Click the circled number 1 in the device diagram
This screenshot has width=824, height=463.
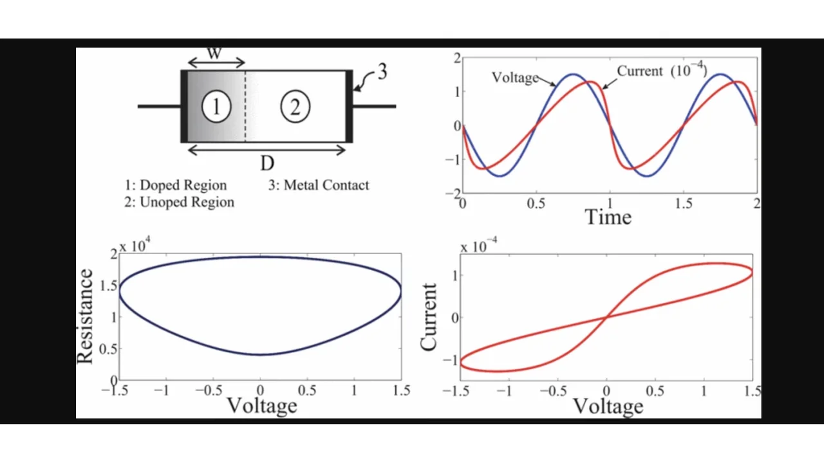point(216,106)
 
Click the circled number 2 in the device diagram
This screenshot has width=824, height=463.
point(295,106)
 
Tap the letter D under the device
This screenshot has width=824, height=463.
point(267,164)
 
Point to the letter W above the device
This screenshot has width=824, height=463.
point(215,53)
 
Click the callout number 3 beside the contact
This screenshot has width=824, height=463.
point(382,72)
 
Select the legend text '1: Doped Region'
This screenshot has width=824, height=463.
point(176,185)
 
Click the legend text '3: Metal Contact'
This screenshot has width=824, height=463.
point(319,185)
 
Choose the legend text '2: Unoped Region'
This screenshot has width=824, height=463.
point(179,202)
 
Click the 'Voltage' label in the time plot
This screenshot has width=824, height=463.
point(514,78)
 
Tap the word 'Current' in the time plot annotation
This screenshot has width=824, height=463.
point(640,71)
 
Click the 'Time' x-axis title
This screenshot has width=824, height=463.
point(608,217)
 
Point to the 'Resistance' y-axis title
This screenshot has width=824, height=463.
point(85,316)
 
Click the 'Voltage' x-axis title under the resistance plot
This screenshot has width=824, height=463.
point(262,406)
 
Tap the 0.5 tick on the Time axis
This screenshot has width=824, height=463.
point(536,204)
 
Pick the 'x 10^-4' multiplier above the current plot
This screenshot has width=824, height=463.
point(479,246)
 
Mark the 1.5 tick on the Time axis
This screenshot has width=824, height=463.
point(684,204)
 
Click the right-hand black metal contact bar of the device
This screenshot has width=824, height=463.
point(349,106)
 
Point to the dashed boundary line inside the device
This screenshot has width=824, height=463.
point(245,106)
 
